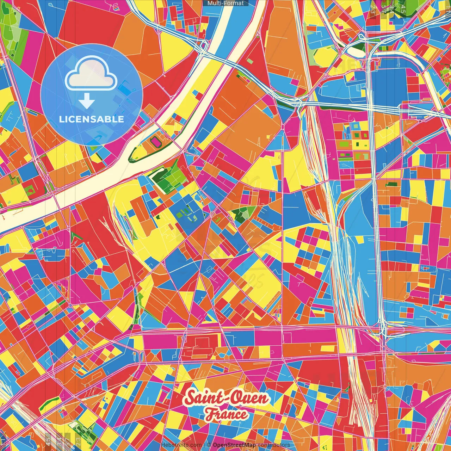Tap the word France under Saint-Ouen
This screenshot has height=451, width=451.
[x=226, y=414]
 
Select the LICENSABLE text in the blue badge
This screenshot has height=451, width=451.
[x=92, y=119]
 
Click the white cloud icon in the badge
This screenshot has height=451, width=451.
[x=91, y=74]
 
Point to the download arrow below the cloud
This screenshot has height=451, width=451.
[x=87, y=101]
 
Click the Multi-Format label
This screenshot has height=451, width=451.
[x=225, y=3]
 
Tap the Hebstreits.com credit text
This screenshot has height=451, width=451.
[x=181, y=445]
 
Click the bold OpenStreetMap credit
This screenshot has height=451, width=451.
[x=234, y=445]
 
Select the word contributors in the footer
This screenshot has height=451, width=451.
[x=274, y=445]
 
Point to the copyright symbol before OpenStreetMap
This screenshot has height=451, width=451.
[x=209, y=445]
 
